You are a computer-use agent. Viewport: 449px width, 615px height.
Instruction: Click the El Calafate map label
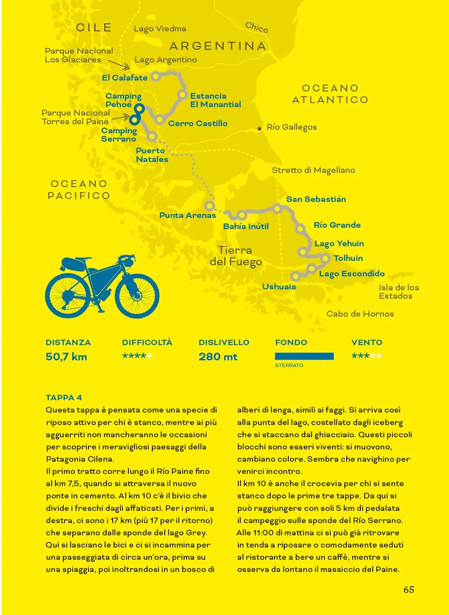click(x=124, y=78)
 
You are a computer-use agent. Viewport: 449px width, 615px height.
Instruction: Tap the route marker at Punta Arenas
click(x=209, y=206)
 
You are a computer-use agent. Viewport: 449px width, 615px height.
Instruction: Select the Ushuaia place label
click(x=279, y=287)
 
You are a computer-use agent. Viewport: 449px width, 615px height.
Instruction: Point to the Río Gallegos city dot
click(x=260, y=128)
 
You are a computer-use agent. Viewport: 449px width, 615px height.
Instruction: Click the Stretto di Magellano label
click(x=313, y=170)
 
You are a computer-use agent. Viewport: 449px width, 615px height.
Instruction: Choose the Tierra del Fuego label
click(x=235, y=256)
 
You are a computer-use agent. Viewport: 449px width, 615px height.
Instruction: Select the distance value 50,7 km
click(x=66, y=357)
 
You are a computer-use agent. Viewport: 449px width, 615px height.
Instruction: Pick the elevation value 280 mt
click(x=218, y=357)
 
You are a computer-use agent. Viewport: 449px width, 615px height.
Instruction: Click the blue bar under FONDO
click(x=304, y=356)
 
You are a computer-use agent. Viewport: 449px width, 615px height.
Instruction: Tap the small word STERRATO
click(x=289, y=366)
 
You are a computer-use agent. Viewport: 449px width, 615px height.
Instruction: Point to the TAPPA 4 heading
click(x=64, y=398)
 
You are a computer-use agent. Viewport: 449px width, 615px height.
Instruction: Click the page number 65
click(x=409, y=590)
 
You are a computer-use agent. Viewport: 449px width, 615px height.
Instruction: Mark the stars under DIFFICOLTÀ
click(x=137, y=356)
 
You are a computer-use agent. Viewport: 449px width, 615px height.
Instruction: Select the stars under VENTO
click(x=366, y=356)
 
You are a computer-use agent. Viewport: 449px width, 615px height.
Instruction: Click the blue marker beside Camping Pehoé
click(x=139, y=108)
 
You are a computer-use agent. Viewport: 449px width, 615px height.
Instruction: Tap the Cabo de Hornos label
click(x=360, y=314)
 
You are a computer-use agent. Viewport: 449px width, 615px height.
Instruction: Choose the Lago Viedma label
click(x=160, y=29)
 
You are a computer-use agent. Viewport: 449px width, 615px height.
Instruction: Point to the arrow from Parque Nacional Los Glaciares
click(x=120, y=66)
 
